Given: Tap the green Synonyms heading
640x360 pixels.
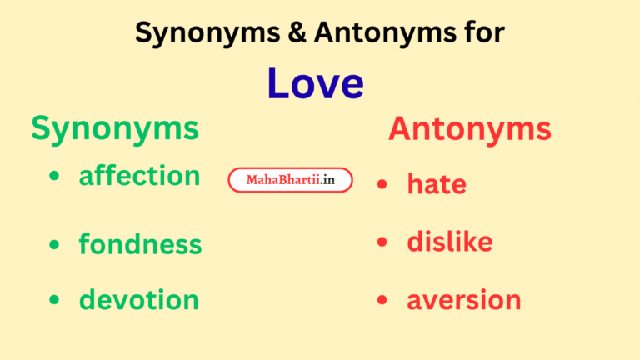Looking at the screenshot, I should (115, 128).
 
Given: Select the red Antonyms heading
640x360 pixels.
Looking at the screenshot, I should (469, 129).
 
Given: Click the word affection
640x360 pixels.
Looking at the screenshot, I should (139, 176).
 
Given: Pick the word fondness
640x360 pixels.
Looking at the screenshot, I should (140, 244).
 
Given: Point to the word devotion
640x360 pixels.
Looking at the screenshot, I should (138, 299).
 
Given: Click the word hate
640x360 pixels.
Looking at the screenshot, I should (436, 184).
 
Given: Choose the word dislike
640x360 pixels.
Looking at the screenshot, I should (449, 242).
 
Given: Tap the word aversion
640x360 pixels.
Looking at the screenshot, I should (463, 299).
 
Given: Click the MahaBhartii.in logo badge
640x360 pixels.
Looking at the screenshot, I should (290, 180).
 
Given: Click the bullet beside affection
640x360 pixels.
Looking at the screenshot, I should (55, 177).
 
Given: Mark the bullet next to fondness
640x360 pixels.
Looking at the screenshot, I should (55, 244).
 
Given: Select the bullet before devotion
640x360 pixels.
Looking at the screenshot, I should (55, 300).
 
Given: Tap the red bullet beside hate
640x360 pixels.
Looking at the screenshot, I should (382, 184).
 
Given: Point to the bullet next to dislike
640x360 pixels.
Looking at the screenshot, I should (382, 242).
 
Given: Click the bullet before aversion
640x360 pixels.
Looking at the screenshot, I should (382, 300).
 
